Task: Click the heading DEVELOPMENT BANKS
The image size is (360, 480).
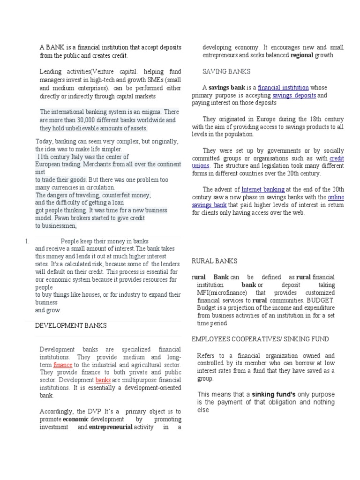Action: [71, 325]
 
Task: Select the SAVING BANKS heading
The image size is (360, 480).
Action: [226, 71]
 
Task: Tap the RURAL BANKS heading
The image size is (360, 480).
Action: [215, 261]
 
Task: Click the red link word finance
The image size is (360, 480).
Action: [62, 365]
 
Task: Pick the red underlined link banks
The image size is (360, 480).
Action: [103, 380]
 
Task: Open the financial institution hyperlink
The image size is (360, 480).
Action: [283, 88]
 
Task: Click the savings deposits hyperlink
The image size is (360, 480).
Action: [294, 96]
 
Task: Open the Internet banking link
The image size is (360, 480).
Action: [262, 189]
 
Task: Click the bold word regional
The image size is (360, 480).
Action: [305, 55]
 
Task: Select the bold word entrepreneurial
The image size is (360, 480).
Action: [110, 427]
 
